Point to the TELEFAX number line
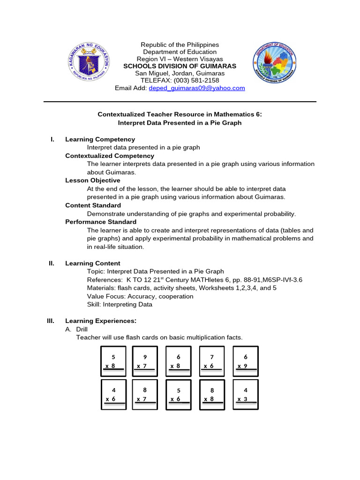click(180, 81)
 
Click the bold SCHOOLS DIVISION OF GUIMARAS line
click(180, 66)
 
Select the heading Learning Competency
click(100, 139)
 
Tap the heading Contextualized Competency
click(109, 156)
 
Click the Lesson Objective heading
click(92, 180)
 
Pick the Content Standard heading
click(93, 205)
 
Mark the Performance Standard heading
click(100, 222)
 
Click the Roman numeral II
click(52, 263)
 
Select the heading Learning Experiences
click(100, 321)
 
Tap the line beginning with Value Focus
click(140, 296)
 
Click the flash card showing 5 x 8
click(113, 361)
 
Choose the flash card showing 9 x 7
click(145, 361)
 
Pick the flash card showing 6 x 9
click(245, 361)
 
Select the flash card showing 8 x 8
click(212, 394)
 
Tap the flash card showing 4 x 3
click(245, 394)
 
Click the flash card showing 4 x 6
click(113, 394)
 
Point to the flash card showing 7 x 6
click(212, 361)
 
